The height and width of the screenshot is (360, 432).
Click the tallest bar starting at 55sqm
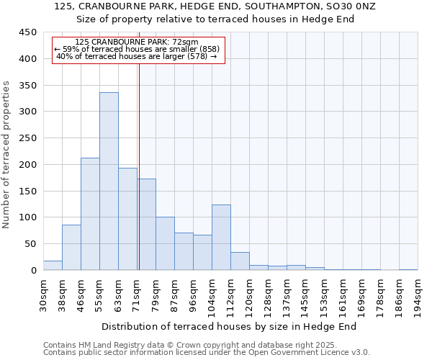pyautogui.click(x=109, y=181)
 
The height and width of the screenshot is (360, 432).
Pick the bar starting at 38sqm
pyautogui.click(x=71, y=248)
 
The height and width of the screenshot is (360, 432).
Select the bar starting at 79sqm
pyautogui.click(x=165, y=243)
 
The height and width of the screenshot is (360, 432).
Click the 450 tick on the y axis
pyautogui.click(x=28, y=32)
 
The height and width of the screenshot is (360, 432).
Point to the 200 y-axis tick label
pyautogui.click(x=28, y=165)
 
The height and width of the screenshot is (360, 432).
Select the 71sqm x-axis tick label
pyautogui.click(x=137, y=292)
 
